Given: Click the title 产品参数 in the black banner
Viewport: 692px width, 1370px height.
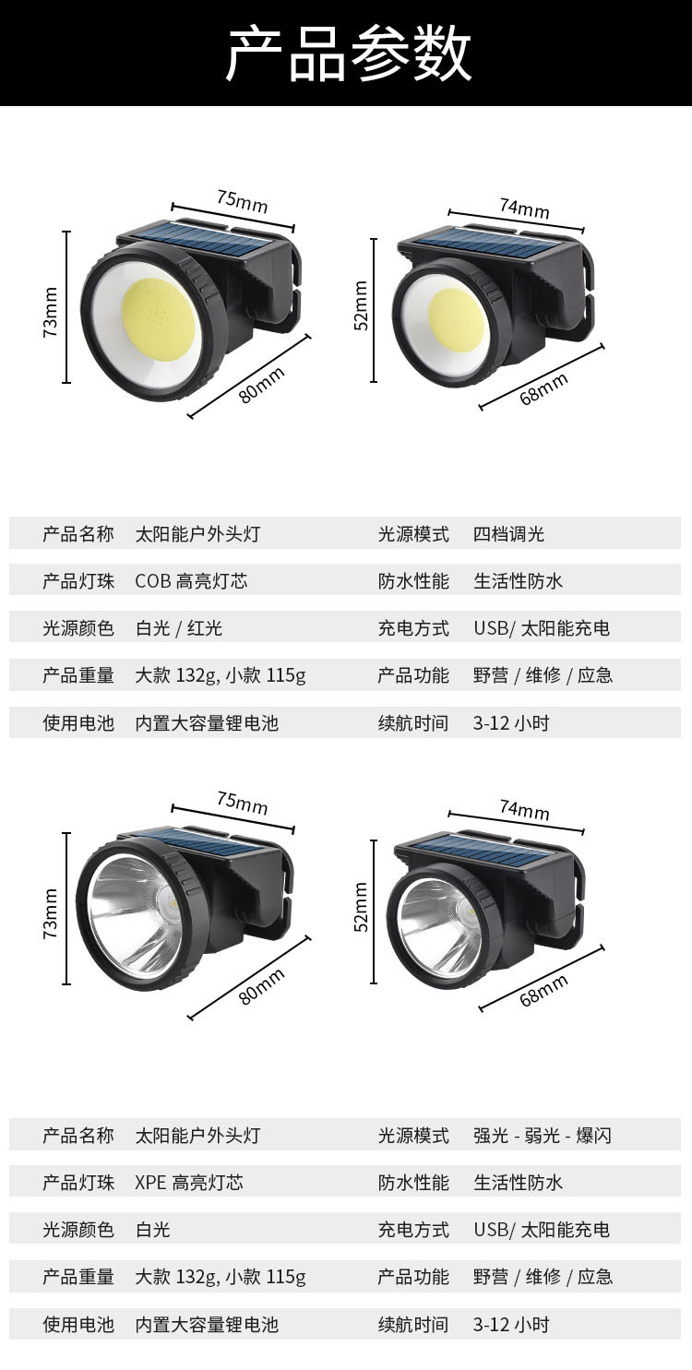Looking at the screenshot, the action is tap(348, 54).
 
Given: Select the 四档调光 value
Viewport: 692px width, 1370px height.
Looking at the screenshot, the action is tap(509, 534).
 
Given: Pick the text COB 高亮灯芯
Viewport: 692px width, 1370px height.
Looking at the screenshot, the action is tap(191, 581).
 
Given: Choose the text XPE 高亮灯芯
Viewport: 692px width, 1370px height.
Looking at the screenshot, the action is tap(189, 1183).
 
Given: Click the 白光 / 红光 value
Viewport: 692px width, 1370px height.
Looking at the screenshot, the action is tap(179, 628).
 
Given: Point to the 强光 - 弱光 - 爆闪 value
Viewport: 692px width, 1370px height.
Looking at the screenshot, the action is tap(543, 1136).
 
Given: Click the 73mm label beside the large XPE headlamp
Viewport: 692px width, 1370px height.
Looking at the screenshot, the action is tap(51, 914).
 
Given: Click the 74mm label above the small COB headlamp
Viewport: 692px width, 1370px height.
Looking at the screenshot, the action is tap(524, 208).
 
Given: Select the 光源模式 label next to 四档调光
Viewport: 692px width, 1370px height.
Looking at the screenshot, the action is tap(412, 534).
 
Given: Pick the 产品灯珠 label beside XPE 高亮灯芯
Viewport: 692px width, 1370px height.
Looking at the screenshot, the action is tap(78, 1183).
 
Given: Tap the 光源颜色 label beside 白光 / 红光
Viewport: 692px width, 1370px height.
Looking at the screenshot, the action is tap(78, 628).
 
